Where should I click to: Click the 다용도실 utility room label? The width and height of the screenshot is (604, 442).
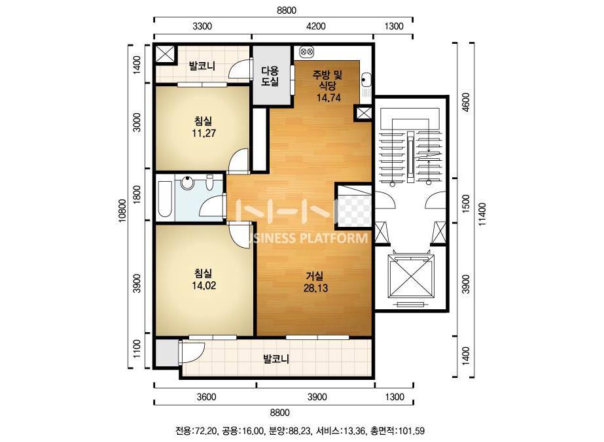(270, 76)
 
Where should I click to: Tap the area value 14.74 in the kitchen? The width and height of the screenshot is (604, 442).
(329, 98)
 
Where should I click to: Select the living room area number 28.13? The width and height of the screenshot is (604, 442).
(315, 288)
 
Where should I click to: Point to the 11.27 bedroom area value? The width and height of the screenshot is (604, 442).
(204, 133)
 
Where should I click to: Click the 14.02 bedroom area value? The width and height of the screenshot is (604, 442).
(204, 285)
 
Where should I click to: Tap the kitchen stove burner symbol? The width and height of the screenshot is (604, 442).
(307, 51)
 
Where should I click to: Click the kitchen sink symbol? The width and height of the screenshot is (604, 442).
(366, 80)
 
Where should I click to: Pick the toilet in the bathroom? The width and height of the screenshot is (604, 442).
(210, 182)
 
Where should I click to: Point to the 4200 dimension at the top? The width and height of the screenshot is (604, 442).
(315, 26)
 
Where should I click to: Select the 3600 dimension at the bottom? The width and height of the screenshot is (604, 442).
(207, 397)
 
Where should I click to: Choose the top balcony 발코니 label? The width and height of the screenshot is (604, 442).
(202, 66)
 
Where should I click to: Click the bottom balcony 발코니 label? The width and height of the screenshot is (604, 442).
(275, 359)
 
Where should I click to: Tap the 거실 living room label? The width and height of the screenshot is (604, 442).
(315, 276)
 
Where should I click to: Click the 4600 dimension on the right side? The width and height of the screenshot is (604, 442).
(466, 102)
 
